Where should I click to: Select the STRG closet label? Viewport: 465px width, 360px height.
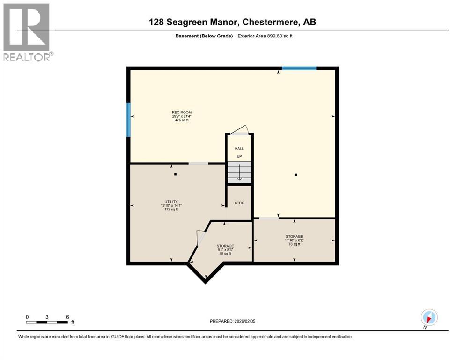[239, 203]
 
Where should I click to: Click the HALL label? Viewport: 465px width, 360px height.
[239, 149]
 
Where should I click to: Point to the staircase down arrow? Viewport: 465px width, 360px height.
[239, 174]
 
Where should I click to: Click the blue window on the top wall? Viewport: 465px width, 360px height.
[299, 68]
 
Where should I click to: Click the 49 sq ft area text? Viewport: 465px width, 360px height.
[225, 254]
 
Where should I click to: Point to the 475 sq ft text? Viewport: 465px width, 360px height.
[181, 120]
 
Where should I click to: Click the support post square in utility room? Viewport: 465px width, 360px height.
[175, 174]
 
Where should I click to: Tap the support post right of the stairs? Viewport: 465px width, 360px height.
[295, 175]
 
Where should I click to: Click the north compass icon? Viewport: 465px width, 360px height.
[429, 317]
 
